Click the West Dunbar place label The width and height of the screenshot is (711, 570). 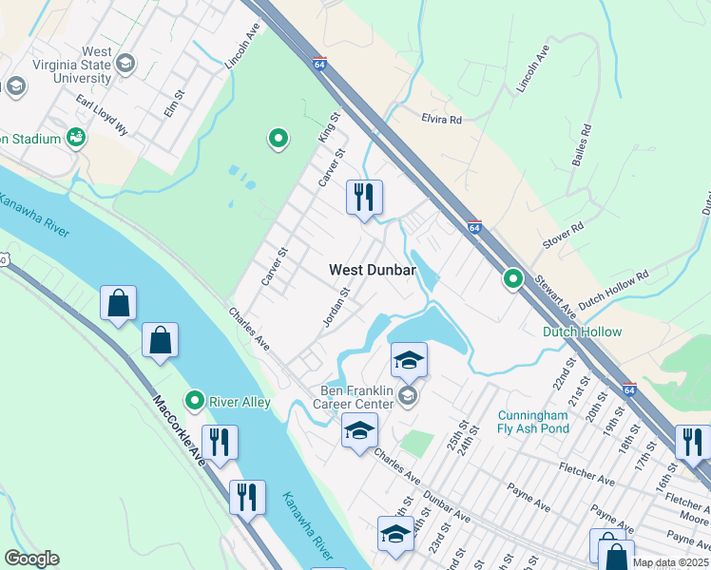(372, 270)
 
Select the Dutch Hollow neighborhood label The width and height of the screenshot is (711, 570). (582, 332)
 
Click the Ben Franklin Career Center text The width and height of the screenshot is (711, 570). (355, 397)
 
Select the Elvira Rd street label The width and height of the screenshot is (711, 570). (441, 120)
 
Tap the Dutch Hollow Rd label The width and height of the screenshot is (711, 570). (613, 287)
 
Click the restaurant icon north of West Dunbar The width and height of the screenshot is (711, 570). (364, 198)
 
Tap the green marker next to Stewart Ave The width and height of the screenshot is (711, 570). (513, 279)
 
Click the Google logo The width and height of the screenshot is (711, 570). (31, 559)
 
